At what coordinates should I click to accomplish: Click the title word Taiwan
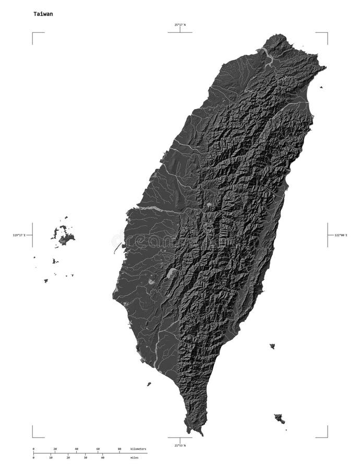click(x=43, y=14)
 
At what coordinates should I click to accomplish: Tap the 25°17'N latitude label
click(x=180, y=25)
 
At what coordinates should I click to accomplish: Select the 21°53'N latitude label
click(x=179, y=445)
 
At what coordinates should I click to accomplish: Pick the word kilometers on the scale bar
click(x=138, y=449)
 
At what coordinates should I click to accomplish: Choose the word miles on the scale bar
click(x=134, y=457)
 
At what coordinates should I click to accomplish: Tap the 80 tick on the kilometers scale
click(x=119, y=449)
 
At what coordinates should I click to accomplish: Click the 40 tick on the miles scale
click(x=103, y=457)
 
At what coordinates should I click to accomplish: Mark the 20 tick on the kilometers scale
click(x=55, y=449)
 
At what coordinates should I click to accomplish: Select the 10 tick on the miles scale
click(x=51, y=457)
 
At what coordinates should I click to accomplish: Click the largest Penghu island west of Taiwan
click(x=66, y=239)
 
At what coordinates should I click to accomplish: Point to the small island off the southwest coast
click(x=149, y=384)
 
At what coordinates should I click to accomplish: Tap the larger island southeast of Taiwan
click(x=279, y=418)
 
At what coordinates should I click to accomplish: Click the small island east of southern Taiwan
click(x=272, y=346)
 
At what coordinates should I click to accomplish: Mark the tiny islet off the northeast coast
click(x=321, y=87)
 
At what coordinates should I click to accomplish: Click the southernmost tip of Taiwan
click(x=200, y=433)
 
